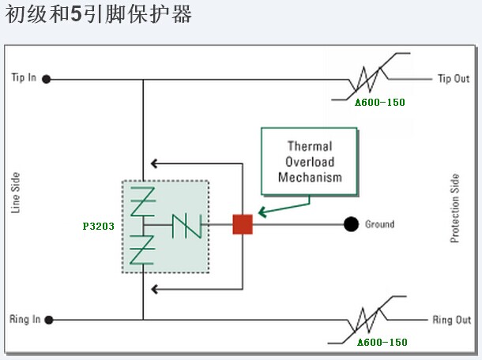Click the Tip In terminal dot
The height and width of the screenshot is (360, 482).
[x=47, y=79]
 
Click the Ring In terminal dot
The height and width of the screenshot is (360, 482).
[x=48, y=320]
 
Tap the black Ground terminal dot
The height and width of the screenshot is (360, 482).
[x=352, y=224]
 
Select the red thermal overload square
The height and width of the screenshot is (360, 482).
[x=243, y=224]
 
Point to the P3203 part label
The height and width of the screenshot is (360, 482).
[x=98, y=225]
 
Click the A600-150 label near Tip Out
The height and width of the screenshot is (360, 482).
[x=381, y=103]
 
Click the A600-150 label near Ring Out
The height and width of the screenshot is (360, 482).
[x=382, y=342]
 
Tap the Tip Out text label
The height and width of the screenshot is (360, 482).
[x=454, y=79]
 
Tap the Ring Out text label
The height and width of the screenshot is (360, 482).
[x=452, y=321]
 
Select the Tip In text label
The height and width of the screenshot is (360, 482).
[x=24, y=78]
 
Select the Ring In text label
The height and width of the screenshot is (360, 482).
[x=24, y=320]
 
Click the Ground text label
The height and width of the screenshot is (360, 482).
[x=379, y=224]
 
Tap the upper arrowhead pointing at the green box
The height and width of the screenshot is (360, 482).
[x=156, y=163]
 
